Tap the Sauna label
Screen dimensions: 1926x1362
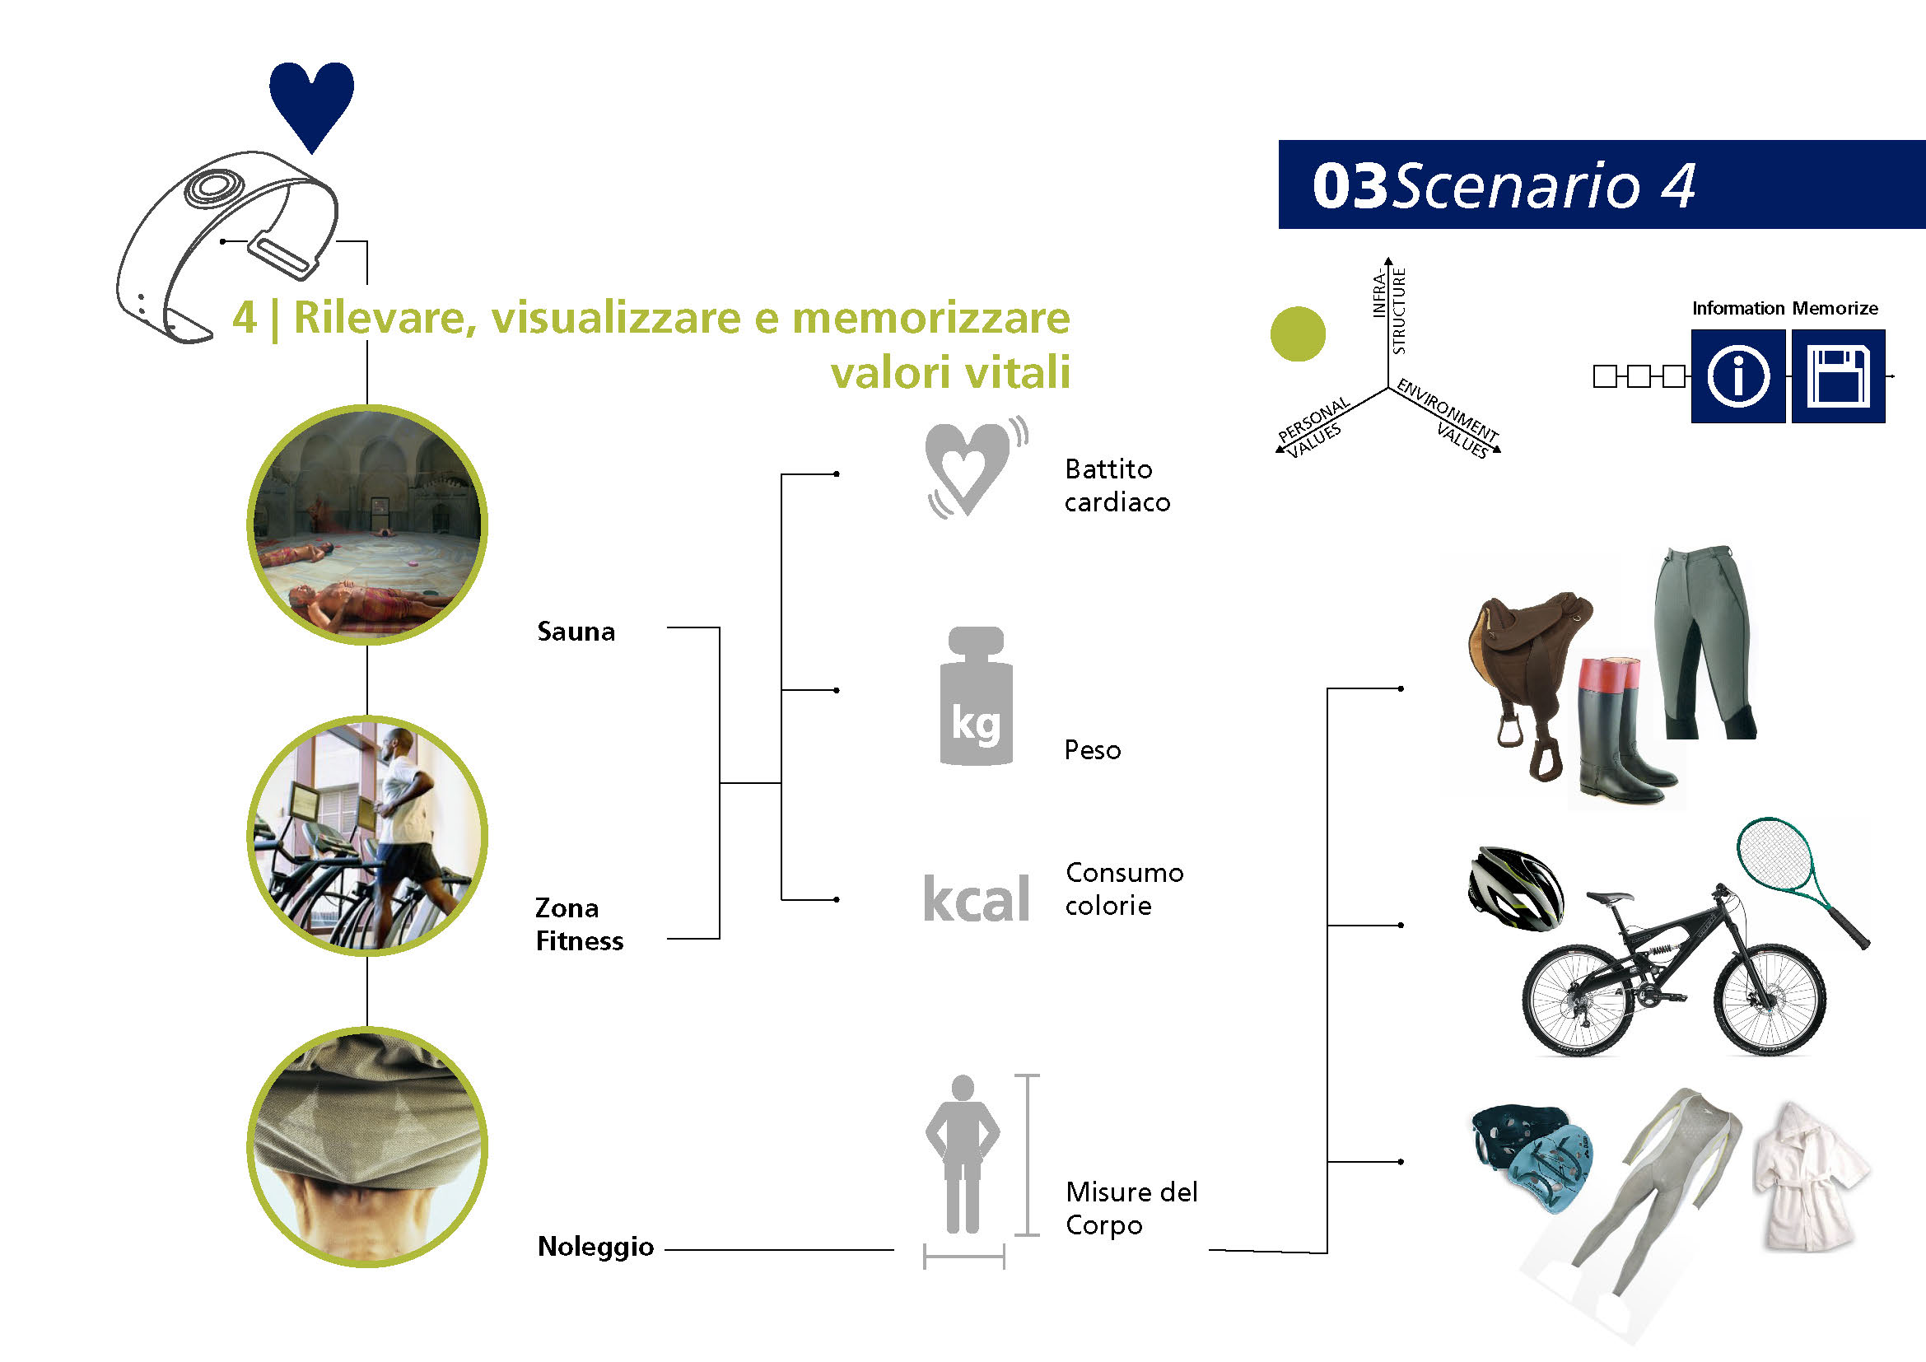coord(576,632)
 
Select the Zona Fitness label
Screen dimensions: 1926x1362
coord(579,924)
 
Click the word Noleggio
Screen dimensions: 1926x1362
coord(595,1247)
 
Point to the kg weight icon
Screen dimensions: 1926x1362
coord(976,696)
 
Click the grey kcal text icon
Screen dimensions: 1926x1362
coord(976,898)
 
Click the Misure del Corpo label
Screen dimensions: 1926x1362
coord(1131,1209)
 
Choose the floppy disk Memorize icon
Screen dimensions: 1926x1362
coord(1838,375)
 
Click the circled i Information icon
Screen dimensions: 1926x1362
coord(1738,375)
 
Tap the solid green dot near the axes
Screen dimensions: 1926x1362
coord(1298,334)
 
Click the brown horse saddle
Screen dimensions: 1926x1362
coord(1528,671)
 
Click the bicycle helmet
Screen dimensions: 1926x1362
coord(1516,889)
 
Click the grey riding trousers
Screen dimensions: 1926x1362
coord(1704,642)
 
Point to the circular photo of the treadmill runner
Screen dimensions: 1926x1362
coord(367,836)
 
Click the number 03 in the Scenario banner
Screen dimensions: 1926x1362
coord(1350,185)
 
